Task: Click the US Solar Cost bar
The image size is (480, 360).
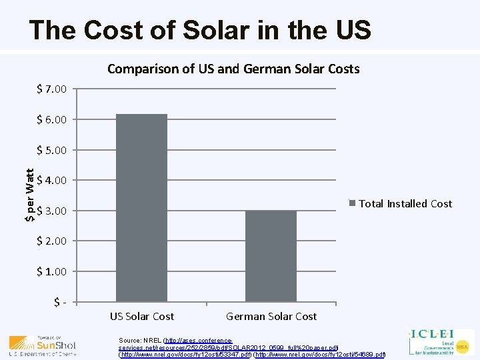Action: [141, 207]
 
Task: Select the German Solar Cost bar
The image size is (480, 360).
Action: [271, 256]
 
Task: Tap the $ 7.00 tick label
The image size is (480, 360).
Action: [51, 89]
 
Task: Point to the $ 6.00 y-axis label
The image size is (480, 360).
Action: [51, 119]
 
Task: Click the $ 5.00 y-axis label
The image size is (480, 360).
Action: [51, 150]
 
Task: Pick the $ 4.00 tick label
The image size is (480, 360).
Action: [51, 180]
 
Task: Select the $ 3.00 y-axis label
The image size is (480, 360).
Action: [51, 211]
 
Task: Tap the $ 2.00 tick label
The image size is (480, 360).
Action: [51, 241]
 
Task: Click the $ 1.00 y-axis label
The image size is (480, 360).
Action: [51, 271]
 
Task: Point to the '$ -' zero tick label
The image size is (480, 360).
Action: [59, 302]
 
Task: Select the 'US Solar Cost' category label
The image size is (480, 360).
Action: [141, 316]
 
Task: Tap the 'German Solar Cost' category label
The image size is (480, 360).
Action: [271, 316]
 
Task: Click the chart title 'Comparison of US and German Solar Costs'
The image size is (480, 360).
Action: [233, 69]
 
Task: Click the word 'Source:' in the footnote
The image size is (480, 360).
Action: [130, 340]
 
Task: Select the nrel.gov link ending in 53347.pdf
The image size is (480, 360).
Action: [185, 355]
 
